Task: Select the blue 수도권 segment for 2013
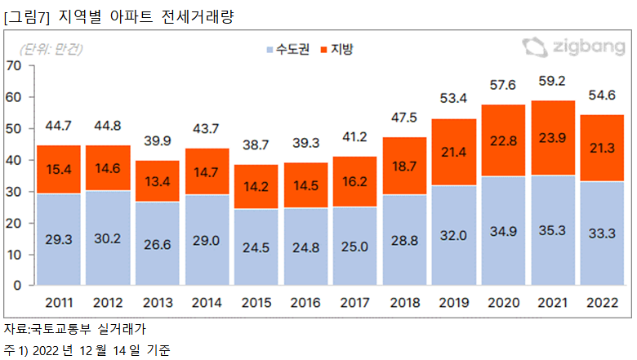click(x=158, y=243)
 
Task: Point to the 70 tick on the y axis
click(x=15, y=66)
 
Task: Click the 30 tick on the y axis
click(x=15, y=192)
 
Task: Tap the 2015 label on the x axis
click(x=257, y=303)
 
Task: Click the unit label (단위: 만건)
click(x=50, y=49)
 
